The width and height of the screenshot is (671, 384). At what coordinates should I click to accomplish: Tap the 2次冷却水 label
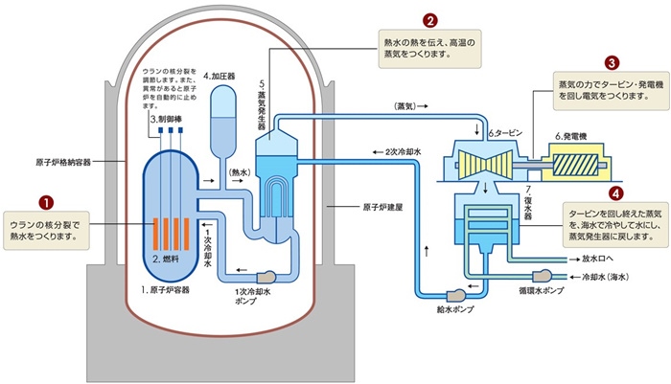(409, 151)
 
